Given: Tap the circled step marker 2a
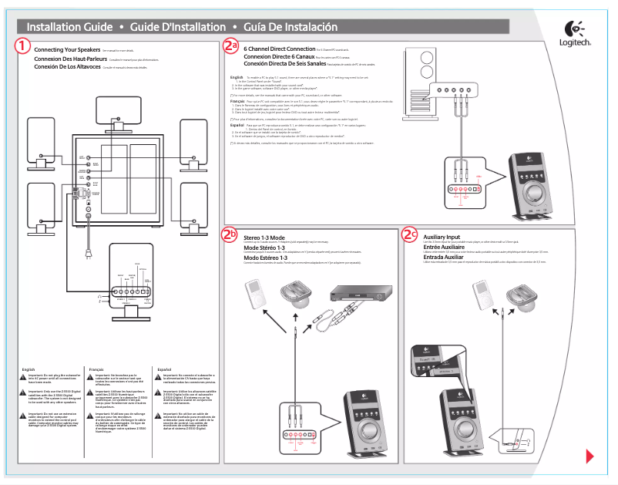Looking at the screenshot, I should [x=230, y=46].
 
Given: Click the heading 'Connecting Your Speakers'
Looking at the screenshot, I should [x=68, y=49].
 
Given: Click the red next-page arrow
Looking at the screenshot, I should [x=589, y=456].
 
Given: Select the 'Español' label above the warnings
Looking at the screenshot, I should [x=165, y=370].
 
